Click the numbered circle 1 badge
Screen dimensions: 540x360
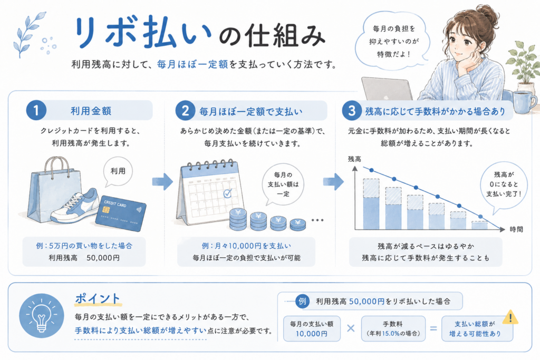pos(36,111)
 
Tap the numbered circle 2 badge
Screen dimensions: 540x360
pos(185,111)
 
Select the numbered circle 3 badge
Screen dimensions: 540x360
pos(352,111)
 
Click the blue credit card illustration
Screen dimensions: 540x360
pos(121,213)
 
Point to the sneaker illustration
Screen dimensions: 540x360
pos(75,207)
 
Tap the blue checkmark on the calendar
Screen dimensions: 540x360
pos(228,193)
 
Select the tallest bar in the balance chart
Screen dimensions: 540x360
pos(371,204)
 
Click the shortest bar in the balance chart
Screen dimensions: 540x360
pos(479,226)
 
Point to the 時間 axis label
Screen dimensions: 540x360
pos(516,230)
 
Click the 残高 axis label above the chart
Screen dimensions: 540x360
pos(354,159)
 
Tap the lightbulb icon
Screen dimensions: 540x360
pos(41,316)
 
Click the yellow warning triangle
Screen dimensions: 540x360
pos(510,317)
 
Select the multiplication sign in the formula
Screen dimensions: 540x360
pos(351,328)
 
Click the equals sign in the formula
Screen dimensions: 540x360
pos(433,328)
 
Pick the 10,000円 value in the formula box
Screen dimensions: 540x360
pos(311,334)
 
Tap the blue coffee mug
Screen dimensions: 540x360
pos(524,102)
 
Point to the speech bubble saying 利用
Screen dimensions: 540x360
pos(118,172)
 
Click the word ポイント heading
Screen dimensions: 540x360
pos(98,298)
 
